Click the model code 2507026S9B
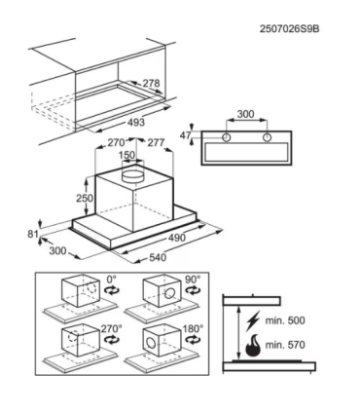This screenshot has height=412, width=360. pyautogui.click(x=289, y=29)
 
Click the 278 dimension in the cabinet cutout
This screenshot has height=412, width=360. pyautogui.click(x=152, y=83)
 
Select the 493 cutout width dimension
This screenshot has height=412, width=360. pyautogui.click(x=136, y=123)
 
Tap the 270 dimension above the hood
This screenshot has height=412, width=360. pyautogui.click(x=116, y=142)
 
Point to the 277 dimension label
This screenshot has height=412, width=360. pyautogui.click(x=156, y=142)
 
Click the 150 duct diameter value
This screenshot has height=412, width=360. pyautogui.click(x=126, y=155)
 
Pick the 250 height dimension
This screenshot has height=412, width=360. pyautogui.click(x=85, y=198)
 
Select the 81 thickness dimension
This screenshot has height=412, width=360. pyautogui.click(x=33, y=234)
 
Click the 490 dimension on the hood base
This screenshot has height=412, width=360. pyautogui.click(x=177, y=238)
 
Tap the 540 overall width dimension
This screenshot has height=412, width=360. pyautogui.click(x=158, y=257)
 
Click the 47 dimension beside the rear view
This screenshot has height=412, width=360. pyautogui.click(x=185, y=135)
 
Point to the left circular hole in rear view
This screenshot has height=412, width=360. pyautogui.click(x=227, y=137)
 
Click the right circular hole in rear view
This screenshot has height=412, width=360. pyautogui.click(x=268, y=137)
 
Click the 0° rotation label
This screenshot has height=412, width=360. pyautogui.click(x=111, y=280)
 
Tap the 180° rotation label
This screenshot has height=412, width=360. pyautogui.click(x=193, y=328)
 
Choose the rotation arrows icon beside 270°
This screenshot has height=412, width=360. pyautogui.click(x=112, y=340)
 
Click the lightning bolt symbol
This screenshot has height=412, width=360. pyautogui.click(x=253, y=320)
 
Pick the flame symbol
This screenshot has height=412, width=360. pyautogui.click(x=253, y=346)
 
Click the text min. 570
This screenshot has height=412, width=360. pyautogui.click(x=285, y=345)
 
